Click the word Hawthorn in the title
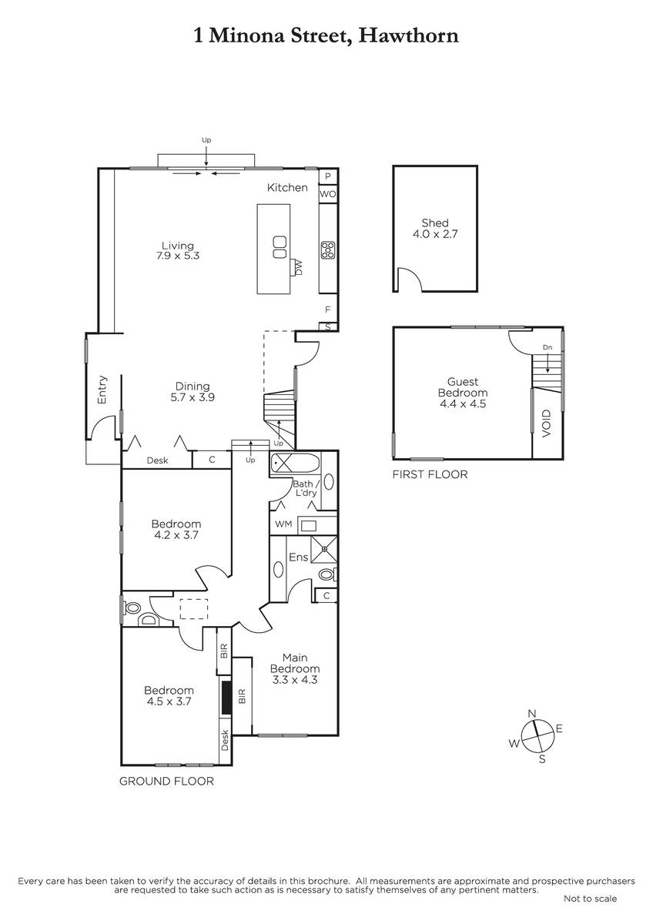tap(408, 36)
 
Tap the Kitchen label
tap(287, 188)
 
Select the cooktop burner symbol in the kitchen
tap(328, 250)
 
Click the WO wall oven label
tap(327, 194)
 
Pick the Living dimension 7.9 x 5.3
tap(178, 256)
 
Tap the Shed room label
tap(435, 223)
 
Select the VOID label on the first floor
tap(547, 423)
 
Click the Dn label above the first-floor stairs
tap(548, 347)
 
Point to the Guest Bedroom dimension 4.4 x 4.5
tap(463, 403)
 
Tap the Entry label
tap(102, 390)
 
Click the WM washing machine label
tap(283, 524)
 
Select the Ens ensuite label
tap(298, 557)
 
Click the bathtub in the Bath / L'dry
tap(294, 464)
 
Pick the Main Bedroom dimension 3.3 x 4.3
tap(294, 680)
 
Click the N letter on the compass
tap(532, 714)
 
